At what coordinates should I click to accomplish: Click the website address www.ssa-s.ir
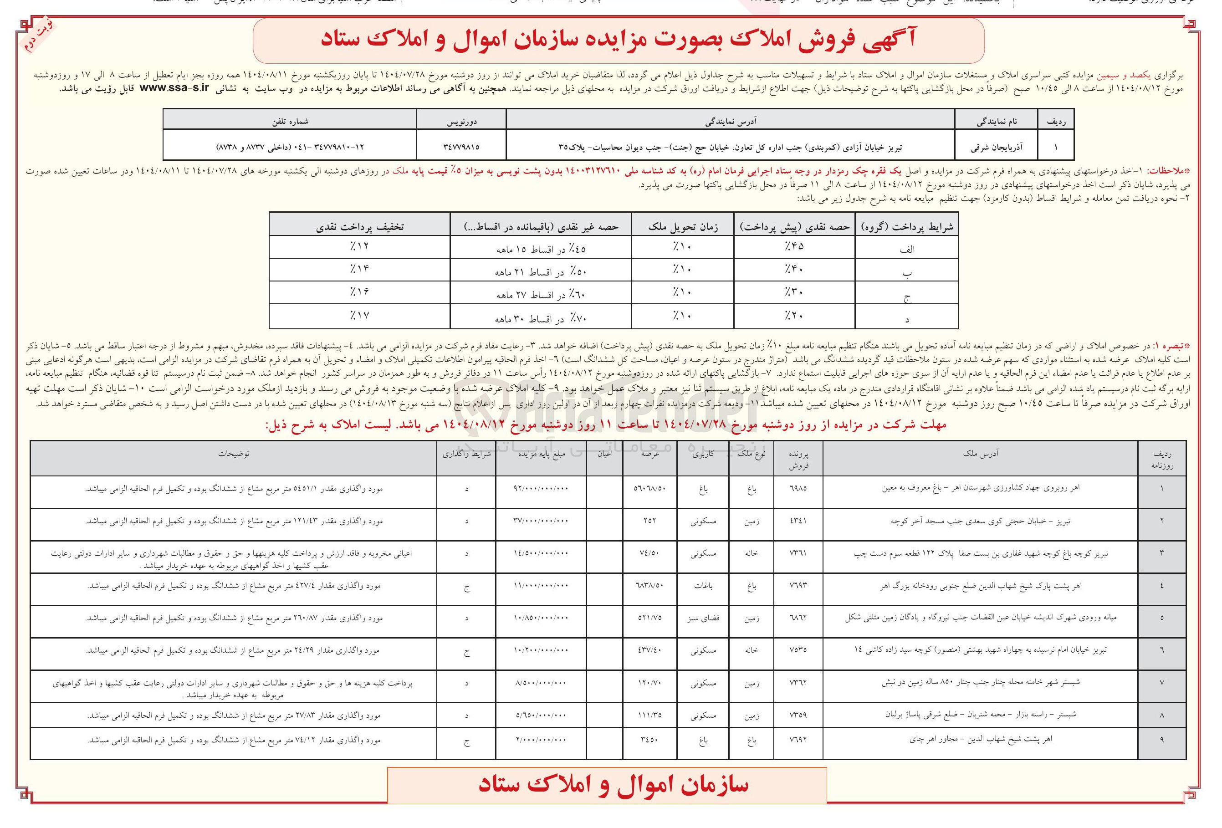(174, 88)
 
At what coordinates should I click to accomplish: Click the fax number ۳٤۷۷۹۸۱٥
(461, 147)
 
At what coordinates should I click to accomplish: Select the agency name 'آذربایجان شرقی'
(997, 147)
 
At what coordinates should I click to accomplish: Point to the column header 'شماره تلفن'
(290, 122)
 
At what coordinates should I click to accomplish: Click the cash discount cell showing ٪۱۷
(360, 316)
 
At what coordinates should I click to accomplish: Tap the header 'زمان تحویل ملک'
(683, 226)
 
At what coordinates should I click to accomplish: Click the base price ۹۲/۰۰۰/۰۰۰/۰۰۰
(541, 488)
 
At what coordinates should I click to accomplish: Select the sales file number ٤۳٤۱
(798, 521)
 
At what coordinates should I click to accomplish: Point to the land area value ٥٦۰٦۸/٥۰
(649, 488)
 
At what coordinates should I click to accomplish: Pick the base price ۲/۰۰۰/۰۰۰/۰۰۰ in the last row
(541, 740)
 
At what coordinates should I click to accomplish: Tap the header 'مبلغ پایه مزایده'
(541, 454)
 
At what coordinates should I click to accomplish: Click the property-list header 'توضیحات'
(234, 454)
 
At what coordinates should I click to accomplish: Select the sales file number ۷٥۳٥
(798, 650)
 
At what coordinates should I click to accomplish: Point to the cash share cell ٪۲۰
(794, 316)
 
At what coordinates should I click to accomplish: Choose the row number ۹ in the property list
(1161, 740)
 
